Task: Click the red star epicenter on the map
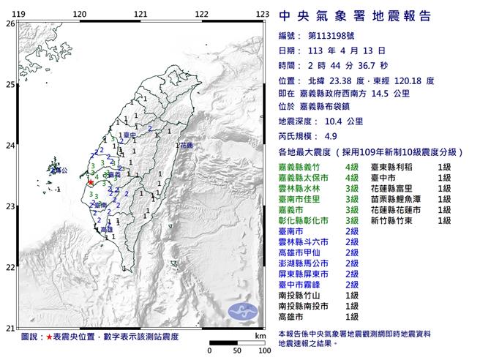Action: (x=91, y=182)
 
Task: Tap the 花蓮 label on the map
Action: (x=187, y=146)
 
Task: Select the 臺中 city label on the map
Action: (x=130, y=135)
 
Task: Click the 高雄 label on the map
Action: (x=106, y=229)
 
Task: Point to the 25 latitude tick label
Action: (x=10, y=84)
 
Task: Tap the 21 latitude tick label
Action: (x=10, y=327)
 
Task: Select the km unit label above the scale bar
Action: (x=260, y=335)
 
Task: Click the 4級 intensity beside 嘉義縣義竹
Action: (x=351, y=168)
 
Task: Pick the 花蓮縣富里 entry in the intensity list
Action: (x=394, y=188)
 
